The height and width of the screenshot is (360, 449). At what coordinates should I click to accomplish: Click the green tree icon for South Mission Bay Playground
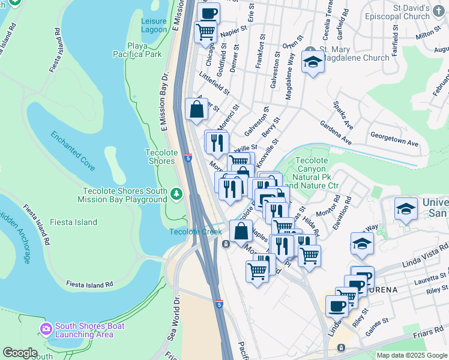[x=176, y=193]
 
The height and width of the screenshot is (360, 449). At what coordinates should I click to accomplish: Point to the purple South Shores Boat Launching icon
[x=46, y=328]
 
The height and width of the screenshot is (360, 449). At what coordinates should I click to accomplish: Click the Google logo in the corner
[x=20, y=353]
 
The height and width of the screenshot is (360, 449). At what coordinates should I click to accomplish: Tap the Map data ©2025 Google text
[x=411, y=355]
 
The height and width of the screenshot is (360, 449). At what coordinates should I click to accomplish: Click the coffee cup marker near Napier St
[x=208, y=13]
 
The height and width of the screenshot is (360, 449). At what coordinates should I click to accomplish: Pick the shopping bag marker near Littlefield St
[x=196, y=109]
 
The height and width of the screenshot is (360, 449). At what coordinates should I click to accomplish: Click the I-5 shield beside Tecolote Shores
[x=188, y=158]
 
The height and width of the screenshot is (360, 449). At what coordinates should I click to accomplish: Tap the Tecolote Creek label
[x=191, y=232]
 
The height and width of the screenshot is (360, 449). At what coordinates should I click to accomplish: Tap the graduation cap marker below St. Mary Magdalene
[x=312, y=62]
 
